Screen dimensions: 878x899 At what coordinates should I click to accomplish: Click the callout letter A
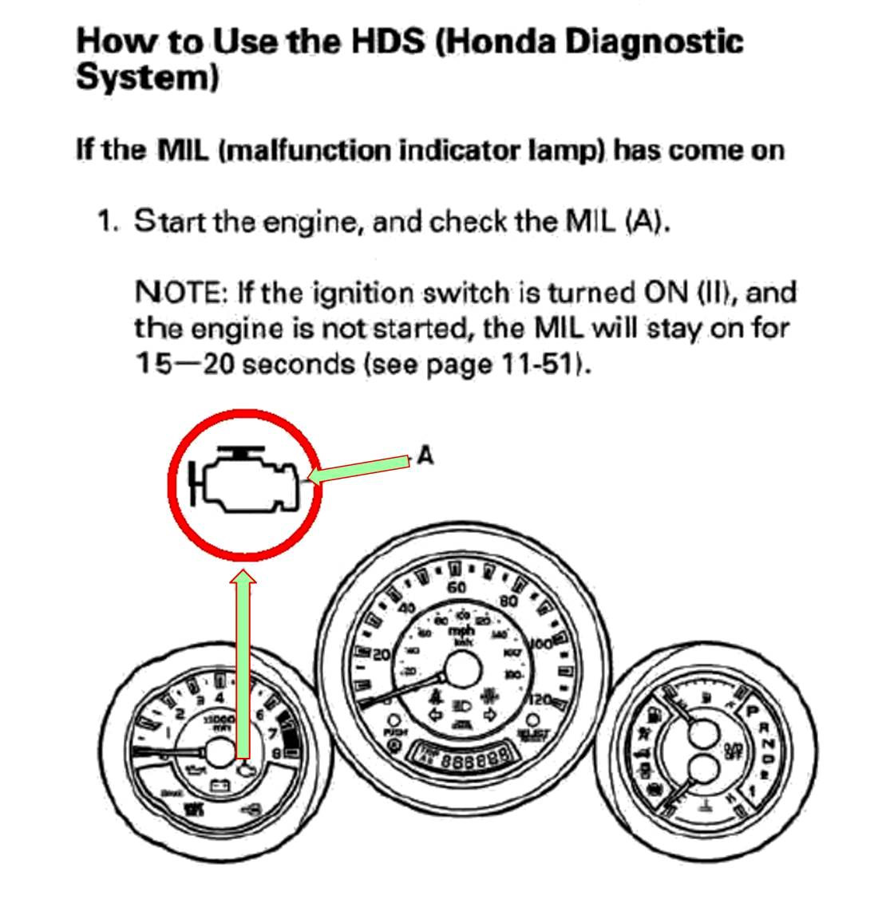[425, 455]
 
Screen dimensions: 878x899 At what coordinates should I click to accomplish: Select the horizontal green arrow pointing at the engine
[359, 469]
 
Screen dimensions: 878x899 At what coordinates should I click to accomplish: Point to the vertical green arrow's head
[243, 578]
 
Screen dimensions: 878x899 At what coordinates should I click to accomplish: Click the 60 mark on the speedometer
[457, 588]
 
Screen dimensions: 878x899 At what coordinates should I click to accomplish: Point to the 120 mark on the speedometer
[540, 700]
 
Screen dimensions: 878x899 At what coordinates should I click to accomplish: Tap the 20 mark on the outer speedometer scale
[381, 655]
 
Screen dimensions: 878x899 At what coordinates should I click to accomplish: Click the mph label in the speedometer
[461, 630]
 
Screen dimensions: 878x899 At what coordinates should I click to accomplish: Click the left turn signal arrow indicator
[437, 716]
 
